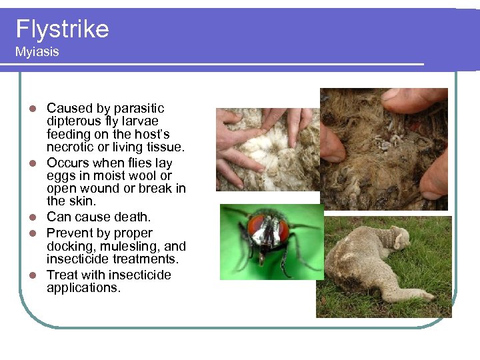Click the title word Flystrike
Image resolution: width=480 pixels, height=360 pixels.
[62, 29]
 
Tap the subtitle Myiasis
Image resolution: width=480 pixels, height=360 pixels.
[37, 52]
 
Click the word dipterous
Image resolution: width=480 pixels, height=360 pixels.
[73, 121]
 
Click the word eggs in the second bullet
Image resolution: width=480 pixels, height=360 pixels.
[59, 176]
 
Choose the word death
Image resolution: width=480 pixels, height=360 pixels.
[134, 217]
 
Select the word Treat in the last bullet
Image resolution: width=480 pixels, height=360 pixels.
[61, 275]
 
